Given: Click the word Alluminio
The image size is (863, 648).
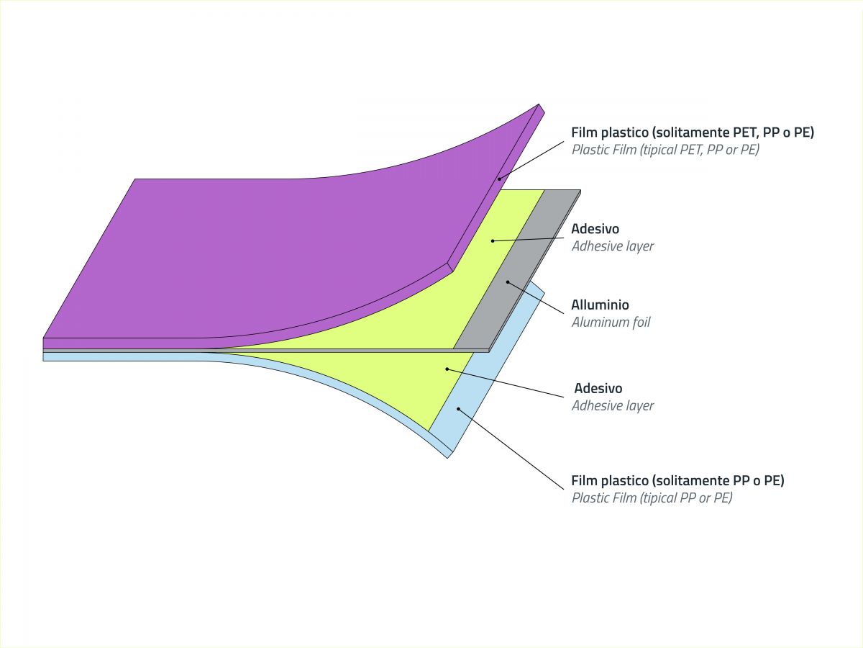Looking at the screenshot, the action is (600, 305).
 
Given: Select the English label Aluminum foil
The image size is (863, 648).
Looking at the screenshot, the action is (611, 323).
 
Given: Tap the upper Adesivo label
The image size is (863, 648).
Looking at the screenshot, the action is (595, 228).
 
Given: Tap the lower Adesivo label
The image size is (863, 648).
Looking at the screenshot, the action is (598, 388).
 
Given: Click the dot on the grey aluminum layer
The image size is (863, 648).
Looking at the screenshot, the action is (508, 282).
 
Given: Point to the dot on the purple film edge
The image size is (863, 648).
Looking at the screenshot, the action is (499, 179).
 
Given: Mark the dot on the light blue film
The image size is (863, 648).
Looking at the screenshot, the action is (458, 409).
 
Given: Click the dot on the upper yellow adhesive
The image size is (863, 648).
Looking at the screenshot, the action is (493, 240).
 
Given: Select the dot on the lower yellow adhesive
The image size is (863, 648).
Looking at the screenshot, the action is (447, 369).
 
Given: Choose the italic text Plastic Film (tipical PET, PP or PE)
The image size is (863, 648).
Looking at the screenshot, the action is (665, 150).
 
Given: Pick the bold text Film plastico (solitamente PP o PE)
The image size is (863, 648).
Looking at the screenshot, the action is (677, 480).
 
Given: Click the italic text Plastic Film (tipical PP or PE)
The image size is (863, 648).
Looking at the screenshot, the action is (652, 498).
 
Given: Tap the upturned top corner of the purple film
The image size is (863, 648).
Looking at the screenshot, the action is (539, 104).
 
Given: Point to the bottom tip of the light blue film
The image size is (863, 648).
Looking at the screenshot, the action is (448, 458).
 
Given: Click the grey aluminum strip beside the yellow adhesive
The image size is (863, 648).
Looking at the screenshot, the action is (517, 270).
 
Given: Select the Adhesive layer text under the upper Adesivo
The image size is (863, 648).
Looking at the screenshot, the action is (612, 246).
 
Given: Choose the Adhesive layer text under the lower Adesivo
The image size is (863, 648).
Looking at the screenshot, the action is (612, 405).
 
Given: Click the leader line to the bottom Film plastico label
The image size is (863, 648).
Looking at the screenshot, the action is (511, 449).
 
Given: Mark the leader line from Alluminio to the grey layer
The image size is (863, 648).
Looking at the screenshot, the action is (536, 298).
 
